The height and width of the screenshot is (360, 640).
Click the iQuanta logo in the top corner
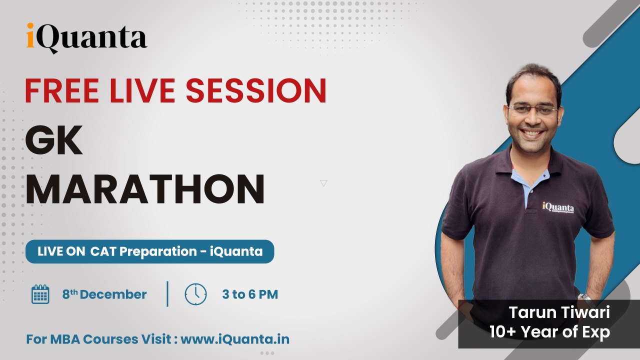(86, 38)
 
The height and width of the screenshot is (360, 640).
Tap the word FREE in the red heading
(62, 90)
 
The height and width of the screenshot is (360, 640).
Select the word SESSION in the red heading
(256, 90)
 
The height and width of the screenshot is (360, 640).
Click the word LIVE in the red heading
(142, 90)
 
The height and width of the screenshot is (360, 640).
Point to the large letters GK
(53, 140)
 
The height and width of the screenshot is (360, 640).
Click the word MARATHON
(145, 189)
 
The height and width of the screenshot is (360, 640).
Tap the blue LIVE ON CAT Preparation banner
(149, 251)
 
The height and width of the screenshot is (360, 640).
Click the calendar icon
(40, 294)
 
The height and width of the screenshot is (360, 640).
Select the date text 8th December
(104, 294)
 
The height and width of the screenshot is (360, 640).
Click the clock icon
(195, 294)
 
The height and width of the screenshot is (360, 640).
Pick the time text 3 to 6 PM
(250, 294)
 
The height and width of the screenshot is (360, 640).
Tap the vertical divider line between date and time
(167, 294)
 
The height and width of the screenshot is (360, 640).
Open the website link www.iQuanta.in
(235, 339)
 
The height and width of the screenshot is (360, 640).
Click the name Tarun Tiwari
(559, 312)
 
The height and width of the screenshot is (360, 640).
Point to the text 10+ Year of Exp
(549, 332)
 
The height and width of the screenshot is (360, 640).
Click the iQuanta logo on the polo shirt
(558, 207)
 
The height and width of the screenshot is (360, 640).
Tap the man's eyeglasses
(533, 110)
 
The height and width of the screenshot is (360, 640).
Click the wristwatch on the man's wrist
(585, 297)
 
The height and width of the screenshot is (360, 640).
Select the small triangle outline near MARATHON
(323, 183)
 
